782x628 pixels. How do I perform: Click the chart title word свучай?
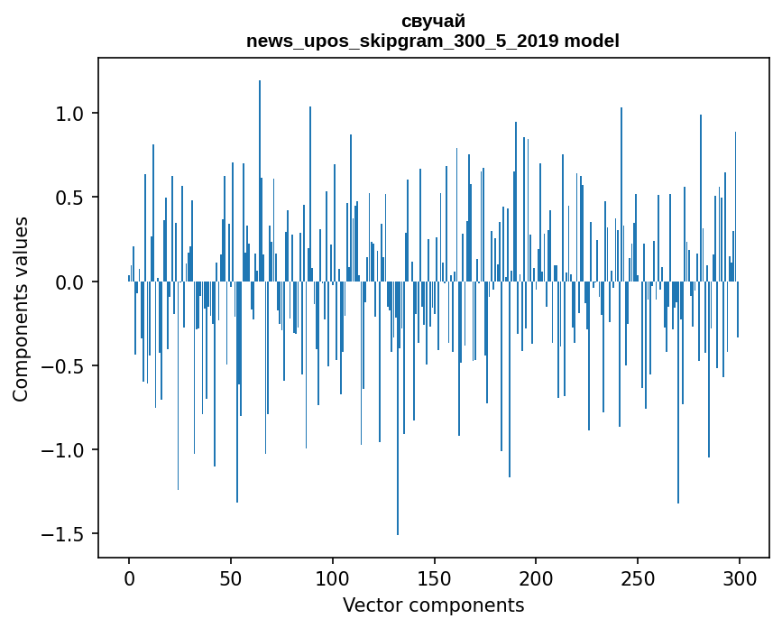coord(433,22)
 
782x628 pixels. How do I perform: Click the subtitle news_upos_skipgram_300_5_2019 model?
coord(433,41)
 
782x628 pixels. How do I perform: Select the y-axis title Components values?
coord(21,309)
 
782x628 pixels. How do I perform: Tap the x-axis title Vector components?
coord(433,605)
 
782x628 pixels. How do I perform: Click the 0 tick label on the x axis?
coord(129,577)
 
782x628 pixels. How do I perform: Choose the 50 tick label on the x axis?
coord(231,577)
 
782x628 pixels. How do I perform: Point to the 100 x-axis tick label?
coord(333,577)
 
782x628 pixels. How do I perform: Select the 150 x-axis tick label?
coord(434,577)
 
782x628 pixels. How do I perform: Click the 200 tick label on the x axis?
coord(536,577)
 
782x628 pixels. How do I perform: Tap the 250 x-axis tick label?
coord(638,577)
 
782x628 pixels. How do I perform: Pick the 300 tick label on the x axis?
coord(740,577)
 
